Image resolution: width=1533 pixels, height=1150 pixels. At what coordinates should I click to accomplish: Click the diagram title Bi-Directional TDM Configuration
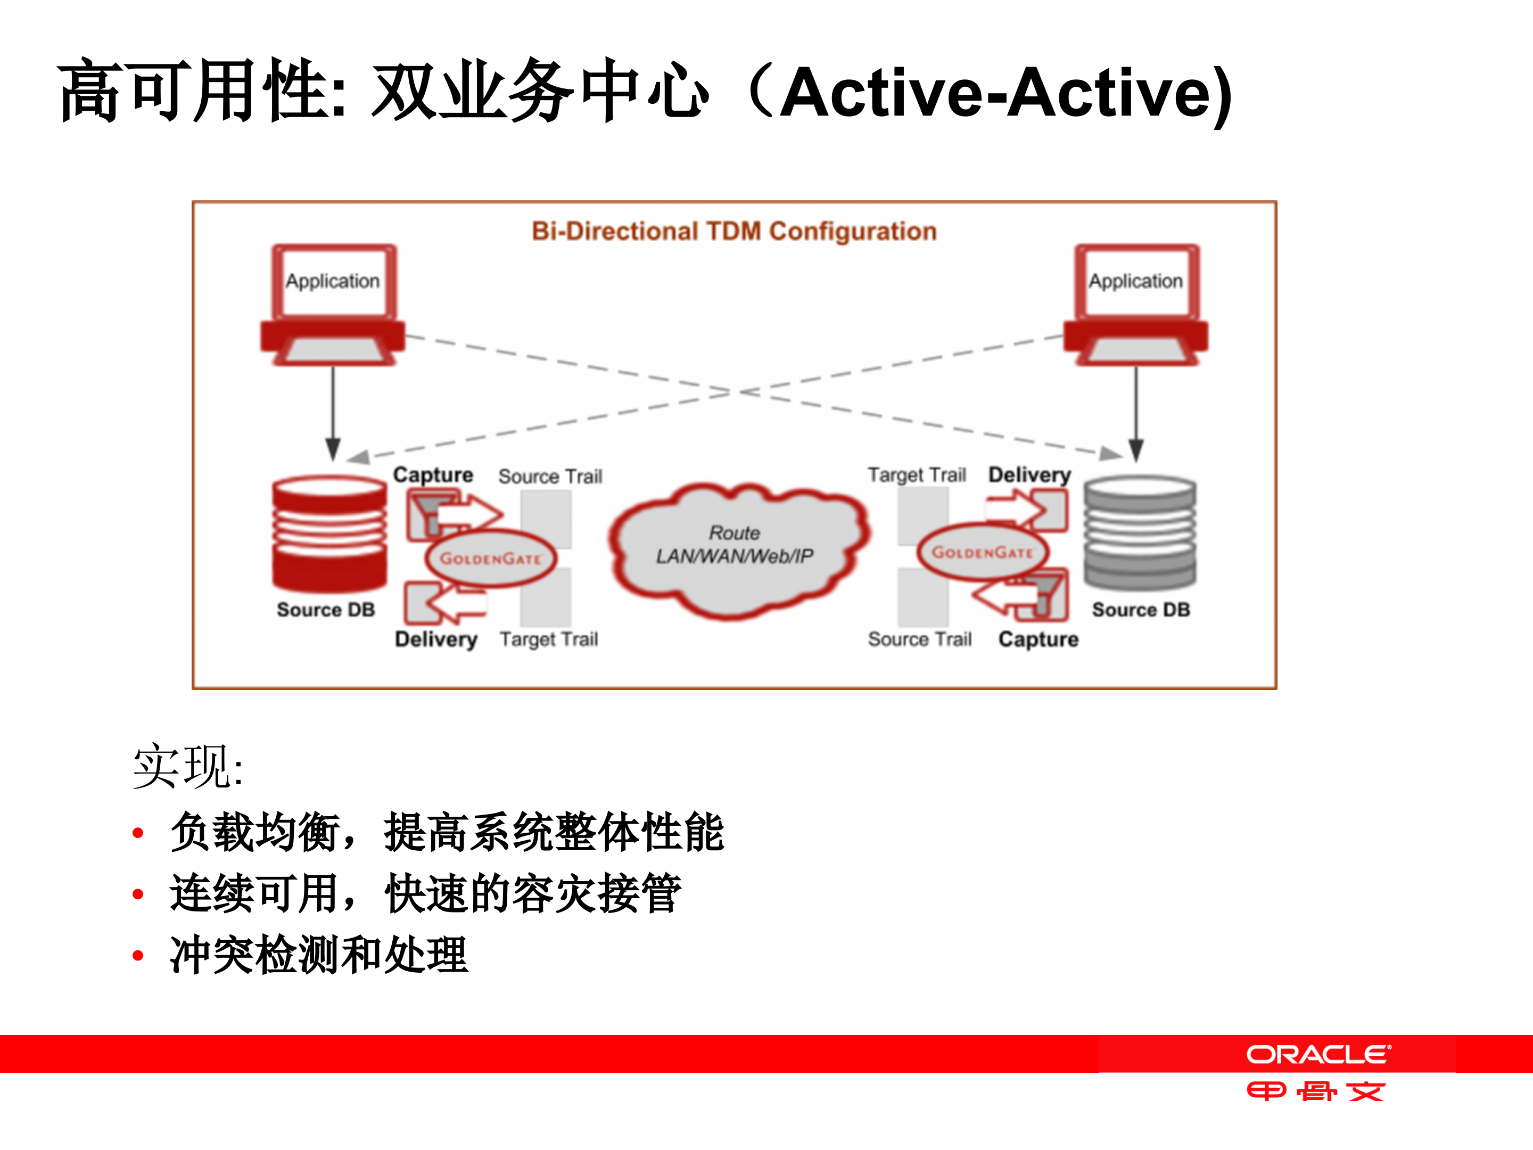(x=733, y=231)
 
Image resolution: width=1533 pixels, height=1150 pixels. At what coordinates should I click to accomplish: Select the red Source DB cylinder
(x=329, y=532)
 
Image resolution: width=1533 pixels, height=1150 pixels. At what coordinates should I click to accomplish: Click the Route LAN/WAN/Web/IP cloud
(x=735, y=548)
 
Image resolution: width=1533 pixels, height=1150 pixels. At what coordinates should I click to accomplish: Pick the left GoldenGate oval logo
(x=490, y=558)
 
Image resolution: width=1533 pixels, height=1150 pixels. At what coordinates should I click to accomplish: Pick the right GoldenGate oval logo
(x=982, y=553)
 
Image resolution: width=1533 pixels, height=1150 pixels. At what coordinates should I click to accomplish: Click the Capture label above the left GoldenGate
(x=433, y=475)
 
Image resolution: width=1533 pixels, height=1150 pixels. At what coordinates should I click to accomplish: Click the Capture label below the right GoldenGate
(x=1038, y=639)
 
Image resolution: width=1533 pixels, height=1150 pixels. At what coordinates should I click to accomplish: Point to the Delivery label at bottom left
(x=436, y=639)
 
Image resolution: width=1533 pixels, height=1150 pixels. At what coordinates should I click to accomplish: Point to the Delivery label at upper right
(x=1029, y=475)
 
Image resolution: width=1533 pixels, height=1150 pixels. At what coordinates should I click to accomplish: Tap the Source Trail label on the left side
(x=550, y=476)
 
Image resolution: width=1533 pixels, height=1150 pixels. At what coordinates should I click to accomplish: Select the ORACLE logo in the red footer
(x=1317, y=1054)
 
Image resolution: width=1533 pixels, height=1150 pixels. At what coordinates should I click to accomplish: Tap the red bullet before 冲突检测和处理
(x=138, y=956)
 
